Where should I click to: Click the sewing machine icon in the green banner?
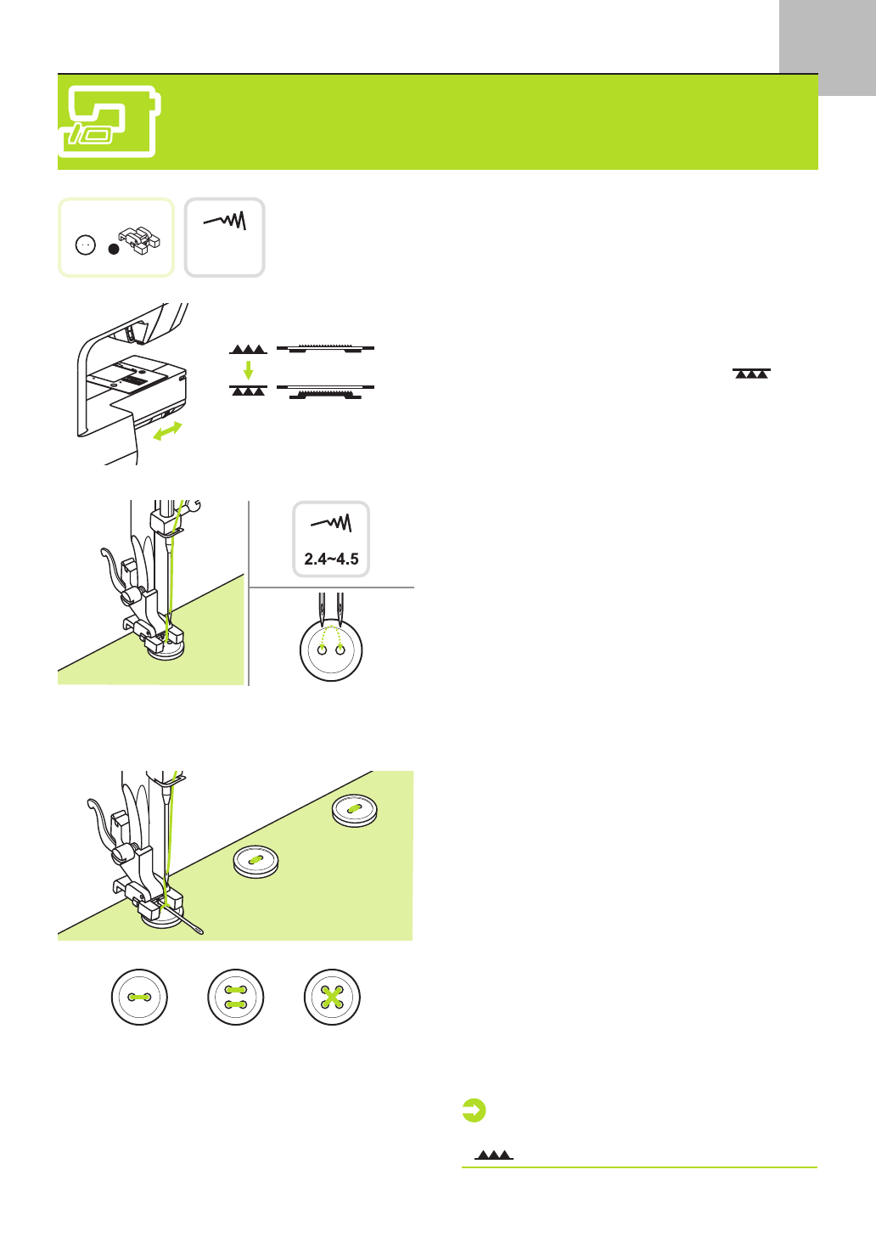pyautogui.click(x=109, y=121)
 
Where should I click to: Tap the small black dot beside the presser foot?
pyautogui.click(x=114, y=249)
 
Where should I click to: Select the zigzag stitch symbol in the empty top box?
pyautogui.click(x=226, y=222)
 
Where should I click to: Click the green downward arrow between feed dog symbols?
pyautogui.click(x=248, y=369)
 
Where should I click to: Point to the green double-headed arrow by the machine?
pyautogui.click(x=167, y=431)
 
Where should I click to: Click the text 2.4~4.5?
pyautogui.click(x=331, y=559)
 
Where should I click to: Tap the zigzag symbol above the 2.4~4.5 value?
pyautogui.click(x=331, y=523)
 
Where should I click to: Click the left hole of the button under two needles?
pyautogui.click(x=322, y=651)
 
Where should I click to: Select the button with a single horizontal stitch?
pyautogui.click(x=139, y=997)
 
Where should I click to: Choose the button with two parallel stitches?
pyautogui.click(x=236, y=997)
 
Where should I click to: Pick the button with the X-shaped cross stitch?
pyautogui.click(x=332, y=997)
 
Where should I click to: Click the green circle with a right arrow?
pyautogui.click(x=474, y=1110)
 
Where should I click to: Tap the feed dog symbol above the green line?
pyautogui.click(x=494, y=1155)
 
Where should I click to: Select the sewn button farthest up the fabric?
pyautogui.click(x=355, y=810)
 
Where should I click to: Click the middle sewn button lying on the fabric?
pyautogui.click(x=256, y=861)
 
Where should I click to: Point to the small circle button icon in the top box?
pyautogui.click(x=86, y=245)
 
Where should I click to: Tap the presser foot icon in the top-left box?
pyautogui.click(x=139, y=240)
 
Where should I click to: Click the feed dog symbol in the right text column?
pyautogui.click(x=751, y=374)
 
